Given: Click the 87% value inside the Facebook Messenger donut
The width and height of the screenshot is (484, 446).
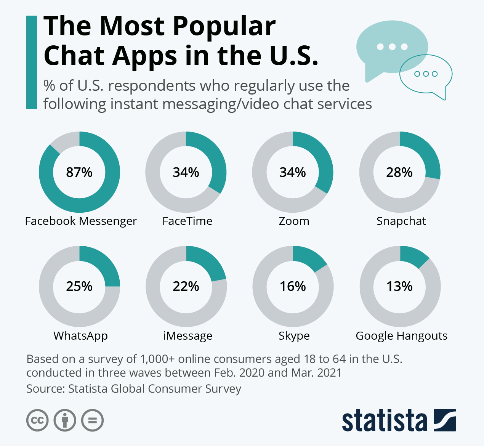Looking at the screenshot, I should point(79,172).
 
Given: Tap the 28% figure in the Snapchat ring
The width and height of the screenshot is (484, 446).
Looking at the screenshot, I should point(399,172).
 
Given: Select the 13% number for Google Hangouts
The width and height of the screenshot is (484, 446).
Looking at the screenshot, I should point(399,286).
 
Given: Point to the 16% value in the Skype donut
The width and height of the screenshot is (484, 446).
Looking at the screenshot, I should point(293,286).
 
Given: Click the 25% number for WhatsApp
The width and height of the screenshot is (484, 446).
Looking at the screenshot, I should point(79,286).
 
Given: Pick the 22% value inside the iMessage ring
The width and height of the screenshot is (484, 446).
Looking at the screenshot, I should point(186,286).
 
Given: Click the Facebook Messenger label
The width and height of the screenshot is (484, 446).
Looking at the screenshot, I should point(81,221).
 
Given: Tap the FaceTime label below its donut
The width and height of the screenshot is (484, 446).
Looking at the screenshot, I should point(187,221).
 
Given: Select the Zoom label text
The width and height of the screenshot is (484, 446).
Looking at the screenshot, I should point(294,221).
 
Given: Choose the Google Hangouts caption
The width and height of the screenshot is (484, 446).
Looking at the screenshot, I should point(401,336).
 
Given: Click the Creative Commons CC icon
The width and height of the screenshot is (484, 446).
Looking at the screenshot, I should point(37,420).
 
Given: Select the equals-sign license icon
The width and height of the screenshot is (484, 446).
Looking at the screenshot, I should point(93,420).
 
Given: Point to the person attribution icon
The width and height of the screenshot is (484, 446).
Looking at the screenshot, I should point(65,420).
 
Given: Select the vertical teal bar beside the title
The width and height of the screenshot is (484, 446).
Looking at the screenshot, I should point(32,62).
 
